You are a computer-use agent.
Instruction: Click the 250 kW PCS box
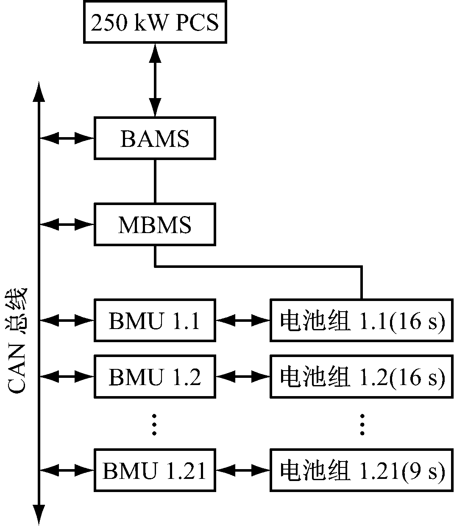(155, 22)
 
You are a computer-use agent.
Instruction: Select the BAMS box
(155, 139)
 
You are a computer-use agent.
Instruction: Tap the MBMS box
(155, 224)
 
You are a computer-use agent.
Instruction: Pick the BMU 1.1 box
(155, 320)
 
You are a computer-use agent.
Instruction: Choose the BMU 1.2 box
(155, 377)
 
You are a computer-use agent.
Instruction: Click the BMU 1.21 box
(155, 470)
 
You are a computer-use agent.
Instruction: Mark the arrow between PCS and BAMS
(155, 80)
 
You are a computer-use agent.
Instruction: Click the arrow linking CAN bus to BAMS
(67, 138)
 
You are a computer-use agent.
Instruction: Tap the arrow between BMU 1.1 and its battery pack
(243, 320)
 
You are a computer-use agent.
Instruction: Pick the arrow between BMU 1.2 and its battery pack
(243, 376)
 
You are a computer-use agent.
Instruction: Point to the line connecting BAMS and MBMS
(155, 181)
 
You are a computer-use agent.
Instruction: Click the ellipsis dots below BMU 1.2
(154, 423)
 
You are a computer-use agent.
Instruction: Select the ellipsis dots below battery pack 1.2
(362, 423)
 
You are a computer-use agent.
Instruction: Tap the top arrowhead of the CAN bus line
(39, 92)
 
